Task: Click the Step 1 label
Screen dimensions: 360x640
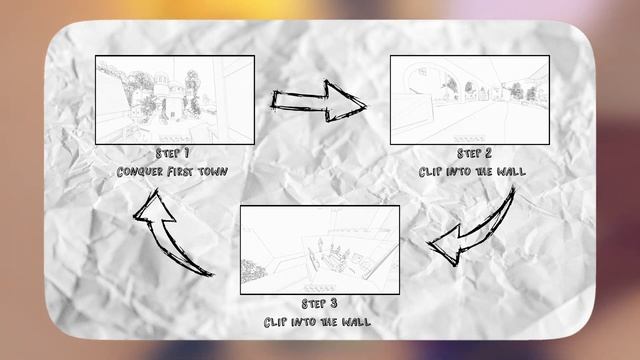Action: coord(173,155)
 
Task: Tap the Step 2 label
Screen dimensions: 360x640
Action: coord(474,155)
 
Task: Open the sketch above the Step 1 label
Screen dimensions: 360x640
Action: coord(174,100)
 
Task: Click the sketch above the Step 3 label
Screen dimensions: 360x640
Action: coord(319,249)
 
